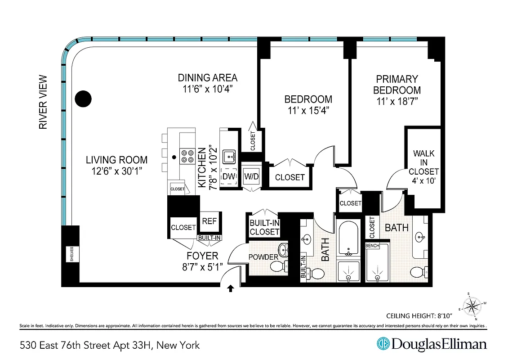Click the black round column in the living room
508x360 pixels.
click(83, 99)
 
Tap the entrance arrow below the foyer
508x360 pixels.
click(231, 289)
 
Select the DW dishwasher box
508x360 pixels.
click(229, 177)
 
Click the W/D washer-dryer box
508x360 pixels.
click(251, 176)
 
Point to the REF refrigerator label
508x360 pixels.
click(210, 221)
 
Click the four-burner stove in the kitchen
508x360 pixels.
click(187, 156)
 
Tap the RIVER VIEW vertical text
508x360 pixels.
click(43, 102)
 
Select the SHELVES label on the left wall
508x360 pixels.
click(71, 254)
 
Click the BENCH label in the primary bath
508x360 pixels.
click(372, 246)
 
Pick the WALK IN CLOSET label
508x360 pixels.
click(423, 162)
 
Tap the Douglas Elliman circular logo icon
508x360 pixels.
click(383, 344)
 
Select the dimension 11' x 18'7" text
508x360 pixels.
click(397, 102)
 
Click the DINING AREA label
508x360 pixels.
click(207, 78)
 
